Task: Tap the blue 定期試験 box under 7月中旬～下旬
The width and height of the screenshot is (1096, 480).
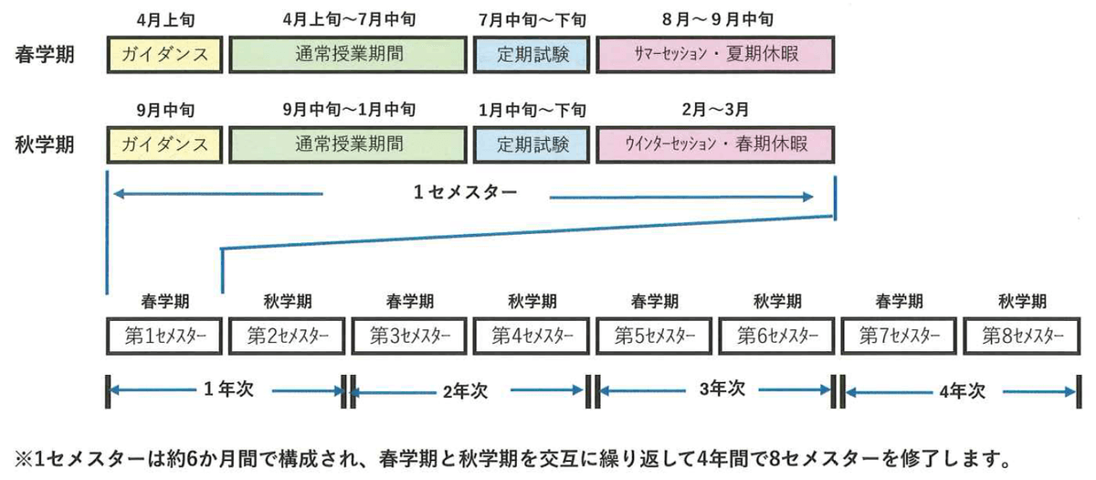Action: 532,54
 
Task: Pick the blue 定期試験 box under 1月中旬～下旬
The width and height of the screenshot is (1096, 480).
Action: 532,144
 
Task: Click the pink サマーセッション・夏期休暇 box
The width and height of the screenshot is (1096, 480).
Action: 716,54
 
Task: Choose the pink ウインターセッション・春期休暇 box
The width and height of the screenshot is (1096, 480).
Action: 716,144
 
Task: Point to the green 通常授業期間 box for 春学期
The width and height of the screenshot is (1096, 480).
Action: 349,54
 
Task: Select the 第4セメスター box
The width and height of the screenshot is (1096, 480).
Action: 532,335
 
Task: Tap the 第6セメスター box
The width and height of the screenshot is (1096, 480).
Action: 777,335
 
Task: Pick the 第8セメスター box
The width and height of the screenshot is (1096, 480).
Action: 1022,335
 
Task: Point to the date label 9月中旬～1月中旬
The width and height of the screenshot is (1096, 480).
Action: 349,110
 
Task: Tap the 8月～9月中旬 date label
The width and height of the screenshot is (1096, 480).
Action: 716,18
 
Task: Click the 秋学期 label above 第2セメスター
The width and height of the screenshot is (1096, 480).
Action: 288,301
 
